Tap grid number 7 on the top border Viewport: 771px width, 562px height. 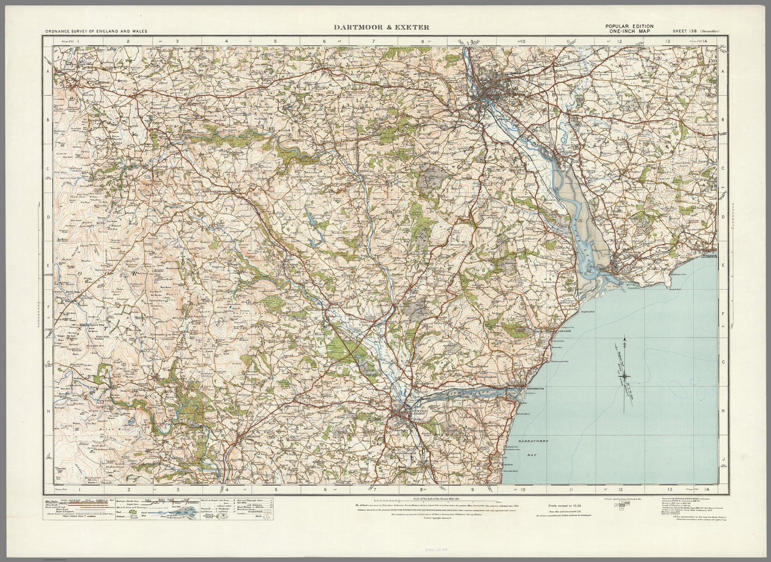[374, 41]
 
